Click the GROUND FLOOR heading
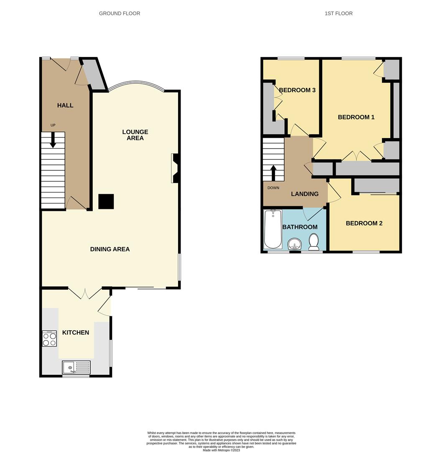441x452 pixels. [120, 13]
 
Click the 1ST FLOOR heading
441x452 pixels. [339, 13]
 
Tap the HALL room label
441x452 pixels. [65, 105]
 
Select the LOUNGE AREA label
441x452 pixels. [135, 135]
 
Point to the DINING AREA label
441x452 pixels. [110, 249]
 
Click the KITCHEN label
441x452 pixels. [75, 332]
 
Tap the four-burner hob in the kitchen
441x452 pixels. [49, 339]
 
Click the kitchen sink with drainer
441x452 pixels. [76, 367]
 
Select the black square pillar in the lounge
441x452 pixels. [106, 201]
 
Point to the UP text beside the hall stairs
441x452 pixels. [53, 125]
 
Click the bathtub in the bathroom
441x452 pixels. [273, 229]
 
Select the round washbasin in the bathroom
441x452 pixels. [294, 244]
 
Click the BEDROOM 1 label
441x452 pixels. [356, 117]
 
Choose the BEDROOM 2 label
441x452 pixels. [364, 223]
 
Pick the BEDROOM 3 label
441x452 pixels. [297, 90]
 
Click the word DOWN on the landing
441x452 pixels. [273, 187]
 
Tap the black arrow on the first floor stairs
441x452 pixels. [273, 173]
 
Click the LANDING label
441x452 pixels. [305, 194]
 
